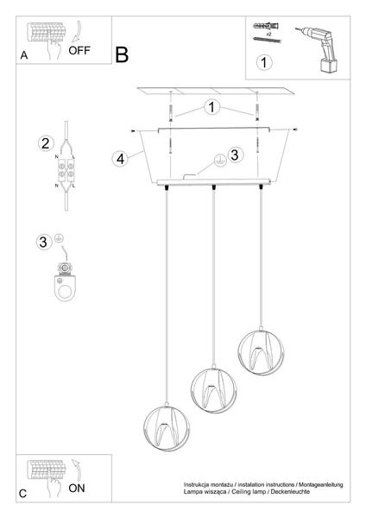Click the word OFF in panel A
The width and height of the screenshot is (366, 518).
[x=79, y=50]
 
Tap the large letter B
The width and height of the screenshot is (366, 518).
[x=121, y=55]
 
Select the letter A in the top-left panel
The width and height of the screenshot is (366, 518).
[x=22, y=54]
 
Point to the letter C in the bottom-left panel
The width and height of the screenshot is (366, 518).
[x=23, y=493]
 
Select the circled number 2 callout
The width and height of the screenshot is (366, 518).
[x=46, y=142]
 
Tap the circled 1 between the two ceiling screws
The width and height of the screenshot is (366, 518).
[x=212, y=108]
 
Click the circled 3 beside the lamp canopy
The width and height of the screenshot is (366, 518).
[x=236, y=154]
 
